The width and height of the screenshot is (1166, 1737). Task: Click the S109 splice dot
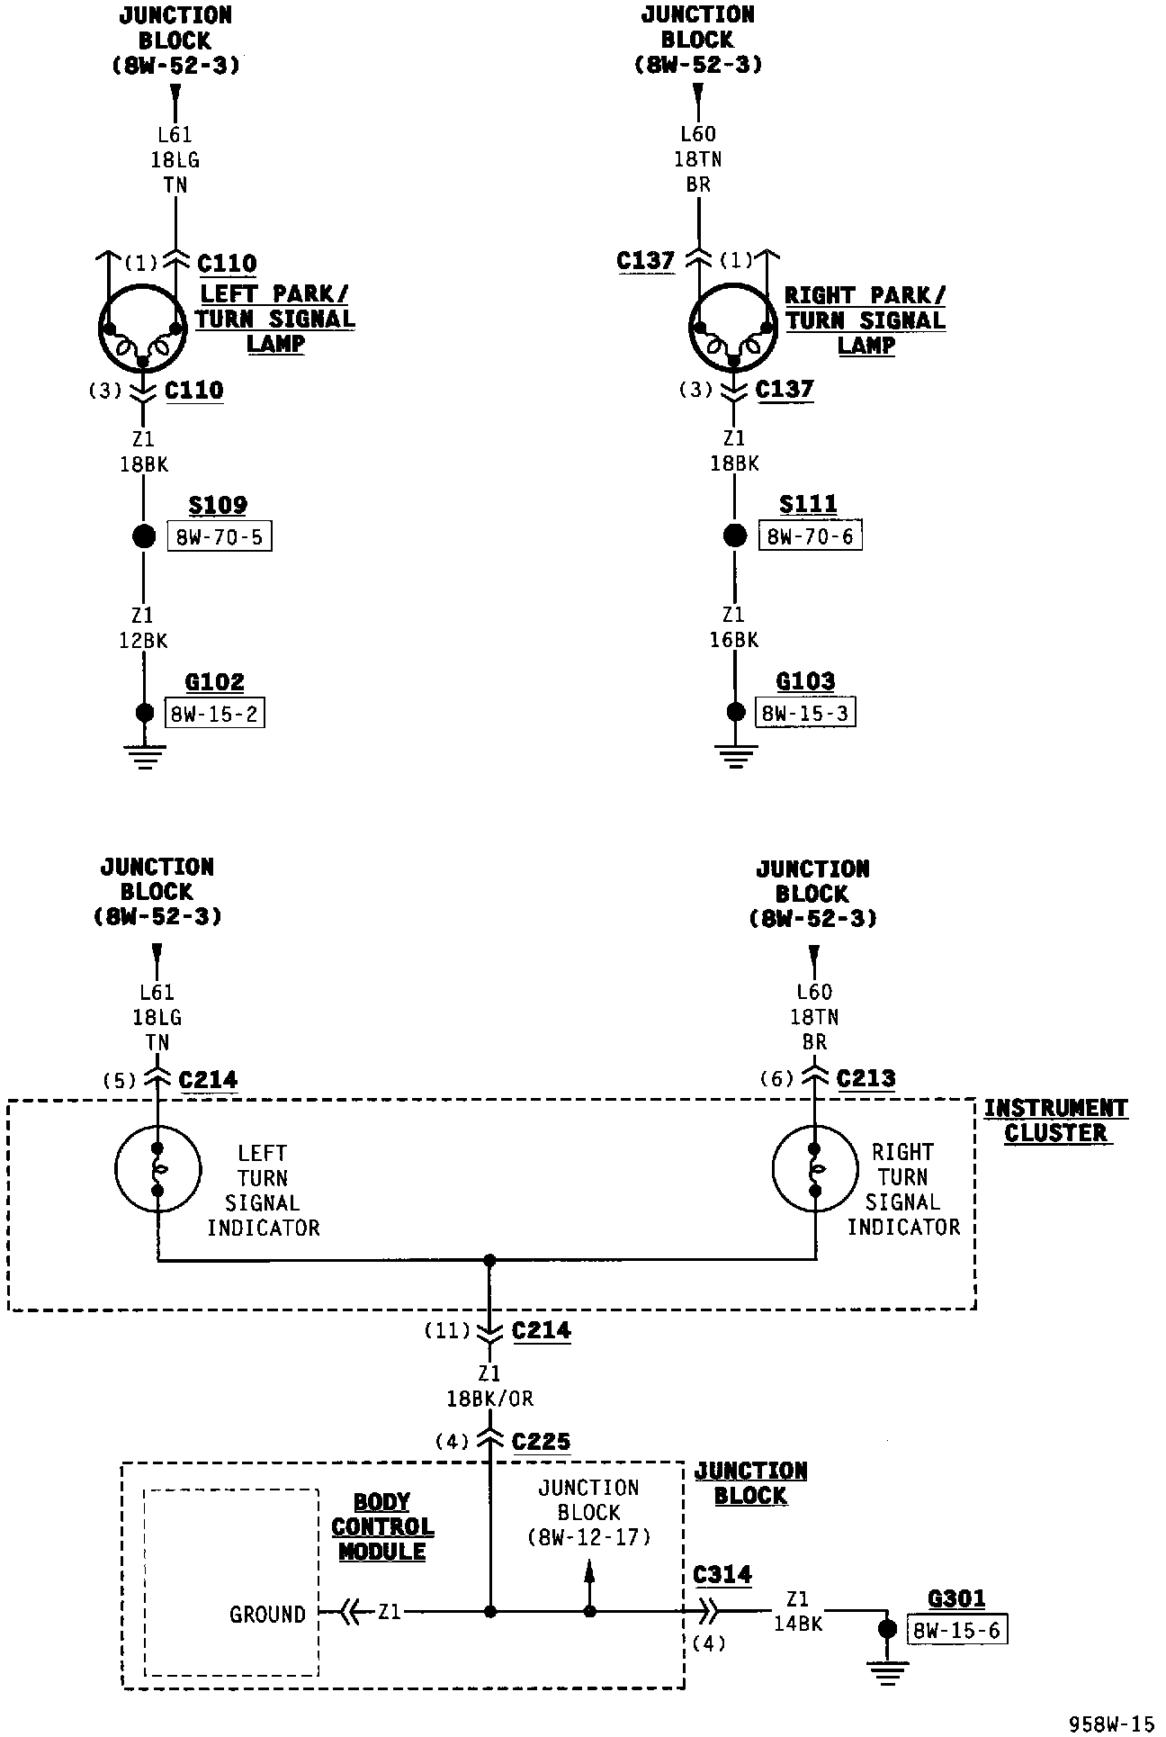click(x=144, y=537)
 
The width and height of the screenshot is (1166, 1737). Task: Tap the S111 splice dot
click(x=735, y=536)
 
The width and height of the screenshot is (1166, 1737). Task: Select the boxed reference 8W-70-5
click(x=219, y=537)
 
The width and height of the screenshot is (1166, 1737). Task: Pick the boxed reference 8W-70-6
click(x=810, y=536)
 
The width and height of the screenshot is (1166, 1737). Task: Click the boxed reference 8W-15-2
click(x=214, y=714)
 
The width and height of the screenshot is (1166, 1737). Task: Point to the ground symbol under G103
click(x=736, y=757)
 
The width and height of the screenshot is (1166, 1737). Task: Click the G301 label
click(x=956, y=1598)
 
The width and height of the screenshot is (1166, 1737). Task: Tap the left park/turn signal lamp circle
click(x=142, y=328)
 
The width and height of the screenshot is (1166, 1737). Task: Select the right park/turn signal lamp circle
click(x=733, y=328)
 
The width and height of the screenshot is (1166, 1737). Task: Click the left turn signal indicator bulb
click(x=157, y=1169)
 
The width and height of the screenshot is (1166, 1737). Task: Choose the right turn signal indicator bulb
click(x=815, y=1169)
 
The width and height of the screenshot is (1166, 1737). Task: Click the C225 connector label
click(x=541, y=1442)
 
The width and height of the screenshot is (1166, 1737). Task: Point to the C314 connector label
click(x=722, y=1574)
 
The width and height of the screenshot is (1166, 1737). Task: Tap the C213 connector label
click(x=866, y=1078)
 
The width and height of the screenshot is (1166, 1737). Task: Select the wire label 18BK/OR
click(x=490, y=1399)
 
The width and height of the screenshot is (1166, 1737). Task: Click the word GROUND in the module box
click(x=267, y=1614)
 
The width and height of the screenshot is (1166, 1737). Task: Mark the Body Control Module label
click(x=382, y=1526)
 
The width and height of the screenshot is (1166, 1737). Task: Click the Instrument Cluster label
click(x=1055, y=1120)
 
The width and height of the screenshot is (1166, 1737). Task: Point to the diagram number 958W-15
click(x=1110, y=1723)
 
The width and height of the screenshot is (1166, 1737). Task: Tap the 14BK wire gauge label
click(x=798, y=1624)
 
